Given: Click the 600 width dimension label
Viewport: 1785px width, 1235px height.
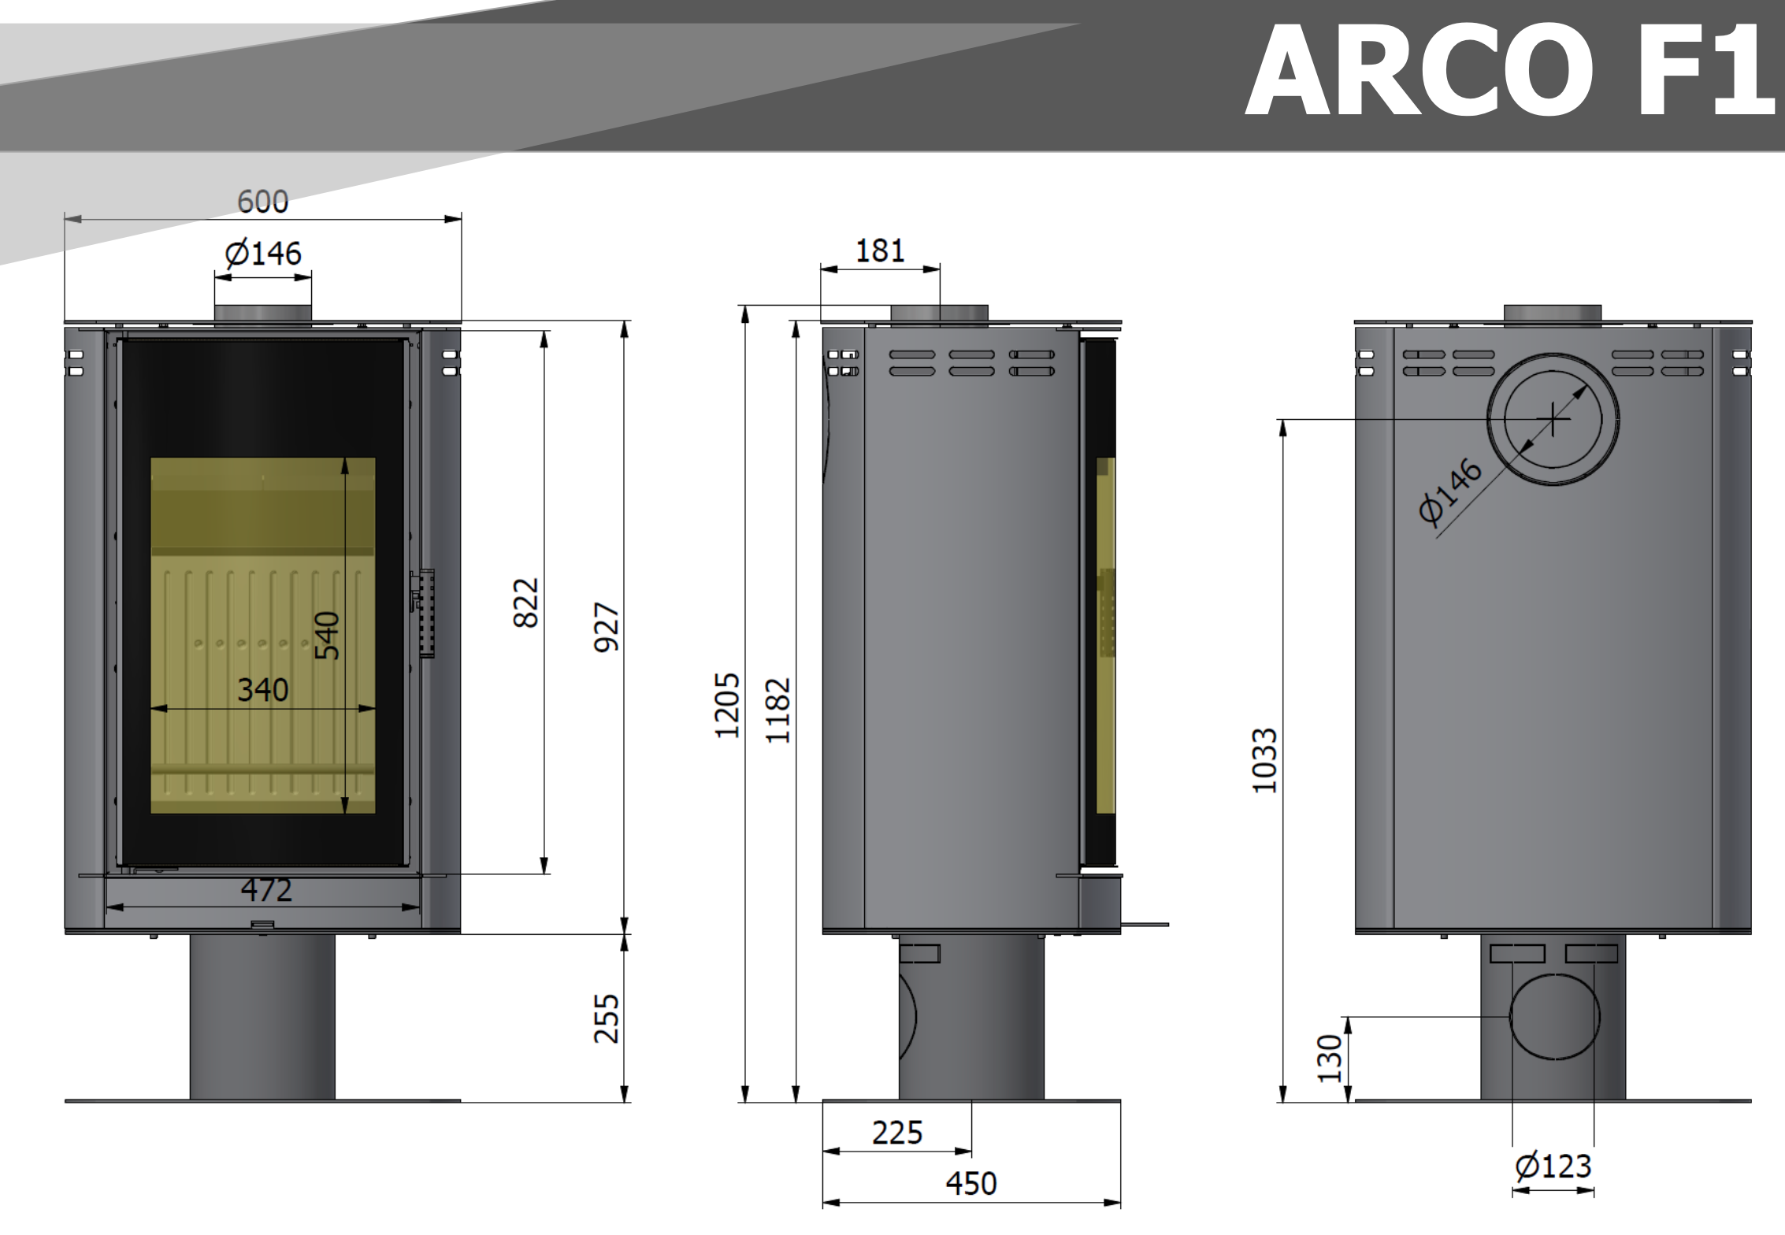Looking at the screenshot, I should pos(262,202).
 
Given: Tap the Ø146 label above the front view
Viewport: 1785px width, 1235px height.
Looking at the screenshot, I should pos(262,254).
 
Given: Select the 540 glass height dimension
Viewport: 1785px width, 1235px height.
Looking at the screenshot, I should pos(327,635).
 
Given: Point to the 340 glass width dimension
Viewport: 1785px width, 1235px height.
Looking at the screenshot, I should pos(262,690).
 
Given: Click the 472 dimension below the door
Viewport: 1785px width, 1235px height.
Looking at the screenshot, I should pos(266,890).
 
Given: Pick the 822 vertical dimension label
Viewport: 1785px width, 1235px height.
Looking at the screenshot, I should pos(525,603).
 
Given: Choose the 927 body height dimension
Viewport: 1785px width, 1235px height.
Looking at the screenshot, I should pos(606,627).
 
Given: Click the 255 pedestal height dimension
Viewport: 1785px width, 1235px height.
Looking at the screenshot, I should pos(606,1018).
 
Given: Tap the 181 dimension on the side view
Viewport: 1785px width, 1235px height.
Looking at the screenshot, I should pos(880,251).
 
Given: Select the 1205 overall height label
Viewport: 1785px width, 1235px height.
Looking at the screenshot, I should pos(726,705).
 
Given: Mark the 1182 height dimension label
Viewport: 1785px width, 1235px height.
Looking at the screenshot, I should pos(777,710).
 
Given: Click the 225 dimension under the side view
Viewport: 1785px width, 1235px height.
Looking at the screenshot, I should pos(896,1133).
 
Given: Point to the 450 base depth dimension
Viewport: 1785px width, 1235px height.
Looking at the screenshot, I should pos(970,1183).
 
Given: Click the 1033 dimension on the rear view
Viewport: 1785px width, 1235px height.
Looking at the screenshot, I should pos(1264,760).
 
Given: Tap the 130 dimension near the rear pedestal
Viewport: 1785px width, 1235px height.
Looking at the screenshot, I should pos(1329,1059).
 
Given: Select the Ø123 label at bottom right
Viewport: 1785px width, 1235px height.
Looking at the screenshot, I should pos(1553,1166).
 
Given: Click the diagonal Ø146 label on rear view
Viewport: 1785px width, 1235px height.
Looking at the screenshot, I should pos(1450,491).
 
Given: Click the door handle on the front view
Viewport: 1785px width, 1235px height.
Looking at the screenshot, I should pos(424,613).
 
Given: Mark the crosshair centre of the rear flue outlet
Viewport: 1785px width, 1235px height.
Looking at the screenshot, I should pos(1553,419).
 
